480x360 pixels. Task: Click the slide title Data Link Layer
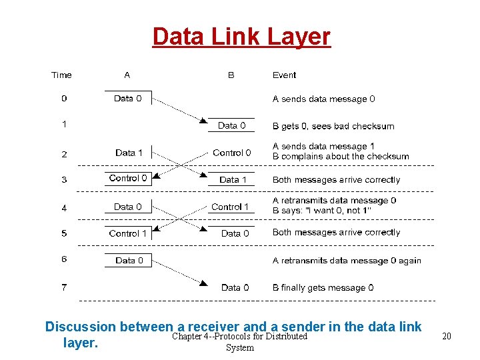tap(241, 36)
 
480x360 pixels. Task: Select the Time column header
tap(61, 75)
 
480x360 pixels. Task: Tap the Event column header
tap(284, 75)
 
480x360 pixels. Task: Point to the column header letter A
tap(127, 75)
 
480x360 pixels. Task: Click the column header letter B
tap(231, 75)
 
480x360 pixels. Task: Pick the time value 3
tap(64, 180)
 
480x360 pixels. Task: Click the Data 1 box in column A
tap(128, 153)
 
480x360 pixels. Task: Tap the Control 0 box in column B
tap(231, 153)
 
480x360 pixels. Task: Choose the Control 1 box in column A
tap(128, 233)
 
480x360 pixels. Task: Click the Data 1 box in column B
tap(233, 180)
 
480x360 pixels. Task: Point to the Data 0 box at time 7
tap(235, 287)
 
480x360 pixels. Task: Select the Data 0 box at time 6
tap(128, 261)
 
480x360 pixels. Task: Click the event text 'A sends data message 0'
tap(323, 99)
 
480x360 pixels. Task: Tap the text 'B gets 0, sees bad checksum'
tap(333, 126)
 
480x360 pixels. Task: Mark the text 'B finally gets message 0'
tap(323, 287)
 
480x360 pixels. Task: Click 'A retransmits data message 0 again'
tap(347, 261)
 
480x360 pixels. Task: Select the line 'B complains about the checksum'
tap(341, 157)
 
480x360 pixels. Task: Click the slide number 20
tap(446, 336)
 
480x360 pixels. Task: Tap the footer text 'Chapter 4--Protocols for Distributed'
tap(239, 336)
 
